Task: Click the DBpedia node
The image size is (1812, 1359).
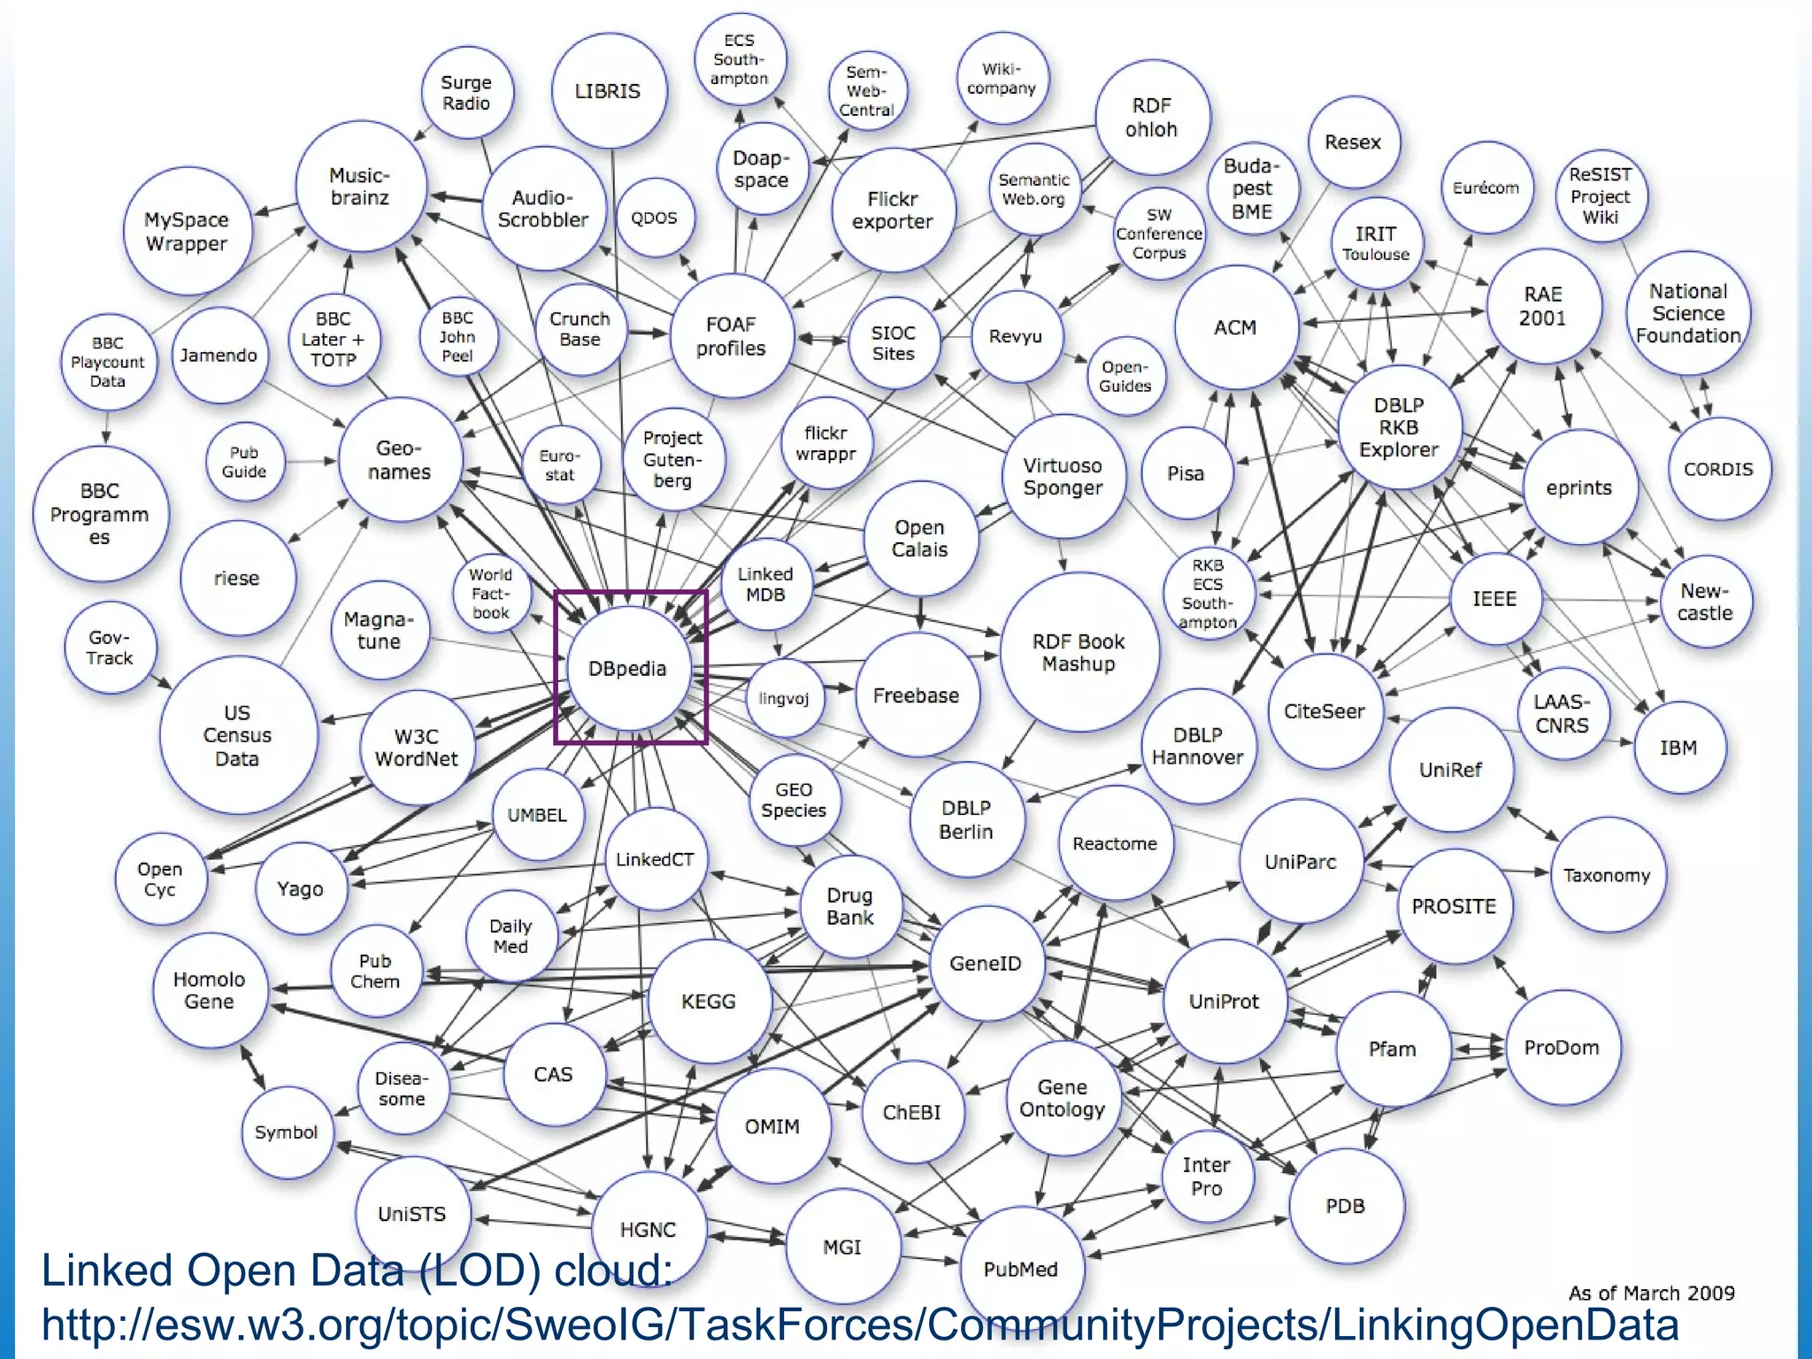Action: (627, 668)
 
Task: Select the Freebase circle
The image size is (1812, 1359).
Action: (917, 695)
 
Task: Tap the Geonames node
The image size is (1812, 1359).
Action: (400, 460)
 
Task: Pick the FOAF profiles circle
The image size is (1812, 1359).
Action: (731, 336)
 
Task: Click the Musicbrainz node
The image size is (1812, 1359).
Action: (360, 187)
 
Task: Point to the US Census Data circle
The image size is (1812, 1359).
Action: (237, 735)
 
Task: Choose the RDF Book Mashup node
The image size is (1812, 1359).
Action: (1079, 653)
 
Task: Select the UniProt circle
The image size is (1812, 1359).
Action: (1224, 1002)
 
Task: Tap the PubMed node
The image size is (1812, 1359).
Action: (1021, 1269)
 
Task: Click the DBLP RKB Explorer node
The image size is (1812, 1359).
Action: (1399, 427)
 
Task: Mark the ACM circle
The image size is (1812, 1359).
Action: (1235, 327)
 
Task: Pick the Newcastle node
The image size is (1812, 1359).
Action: (1705, 602)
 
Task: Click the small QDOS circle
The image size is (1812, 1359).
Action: (654, 218)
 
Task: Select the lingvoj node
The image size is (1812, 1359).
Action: (784, 698)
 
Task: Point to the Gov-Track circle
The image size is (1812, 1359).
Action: (110, 648)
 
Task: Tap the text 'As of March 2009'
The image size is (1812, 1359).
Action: (1651, 1293)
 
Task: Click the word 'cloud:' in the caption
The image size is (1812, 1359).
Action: (613, 1271)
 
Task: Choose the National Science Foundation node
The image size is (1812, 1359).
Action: (1688, 313)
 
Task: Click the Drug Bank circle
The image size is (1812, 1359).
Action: (850, 906)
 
